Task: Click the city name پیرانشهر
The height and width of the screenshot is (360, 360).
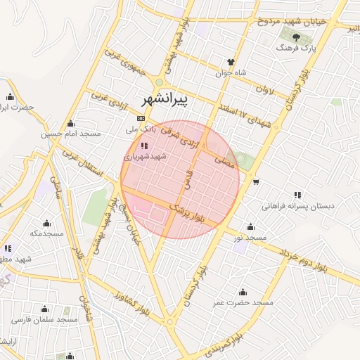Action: (x=165, y=101)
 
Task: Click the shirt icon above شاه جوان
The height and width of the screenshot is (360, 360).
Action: (x=230, y=60)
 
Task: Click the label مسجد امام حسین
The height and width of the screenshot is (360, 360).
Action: (x=71, y=133)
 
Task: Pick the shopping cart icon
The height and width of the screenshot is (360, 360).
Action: (x=255, y=181)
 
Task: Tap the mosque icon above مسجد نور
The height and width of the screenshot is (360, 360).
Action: (x=251, y=226)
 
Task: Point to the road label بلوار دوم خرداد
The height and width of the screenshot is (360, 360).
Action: (x=302, y=258)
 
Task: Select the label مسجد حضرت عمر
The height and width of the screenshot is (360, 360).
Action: (x=243, y=303)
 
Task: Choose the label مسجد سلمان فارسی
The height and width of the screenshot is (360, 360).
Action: (x=44, y=320)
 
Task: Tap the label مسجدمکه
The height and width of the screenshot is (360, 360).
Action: (x=47, y=232)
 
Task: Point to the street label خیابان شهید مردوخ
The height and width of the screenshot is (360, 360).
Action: (x=291, y=21)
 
